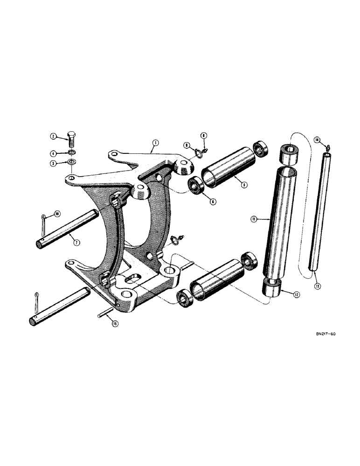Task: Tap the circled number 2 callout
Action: tap(54, 137)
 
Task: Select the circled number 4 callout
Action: tap(54, 152)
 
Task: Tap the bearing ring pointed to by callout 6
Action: tap(194, 185)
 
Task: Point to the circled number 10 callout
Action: tap(57, 214)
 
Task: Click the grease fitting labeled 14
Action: tap(328, 147)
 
